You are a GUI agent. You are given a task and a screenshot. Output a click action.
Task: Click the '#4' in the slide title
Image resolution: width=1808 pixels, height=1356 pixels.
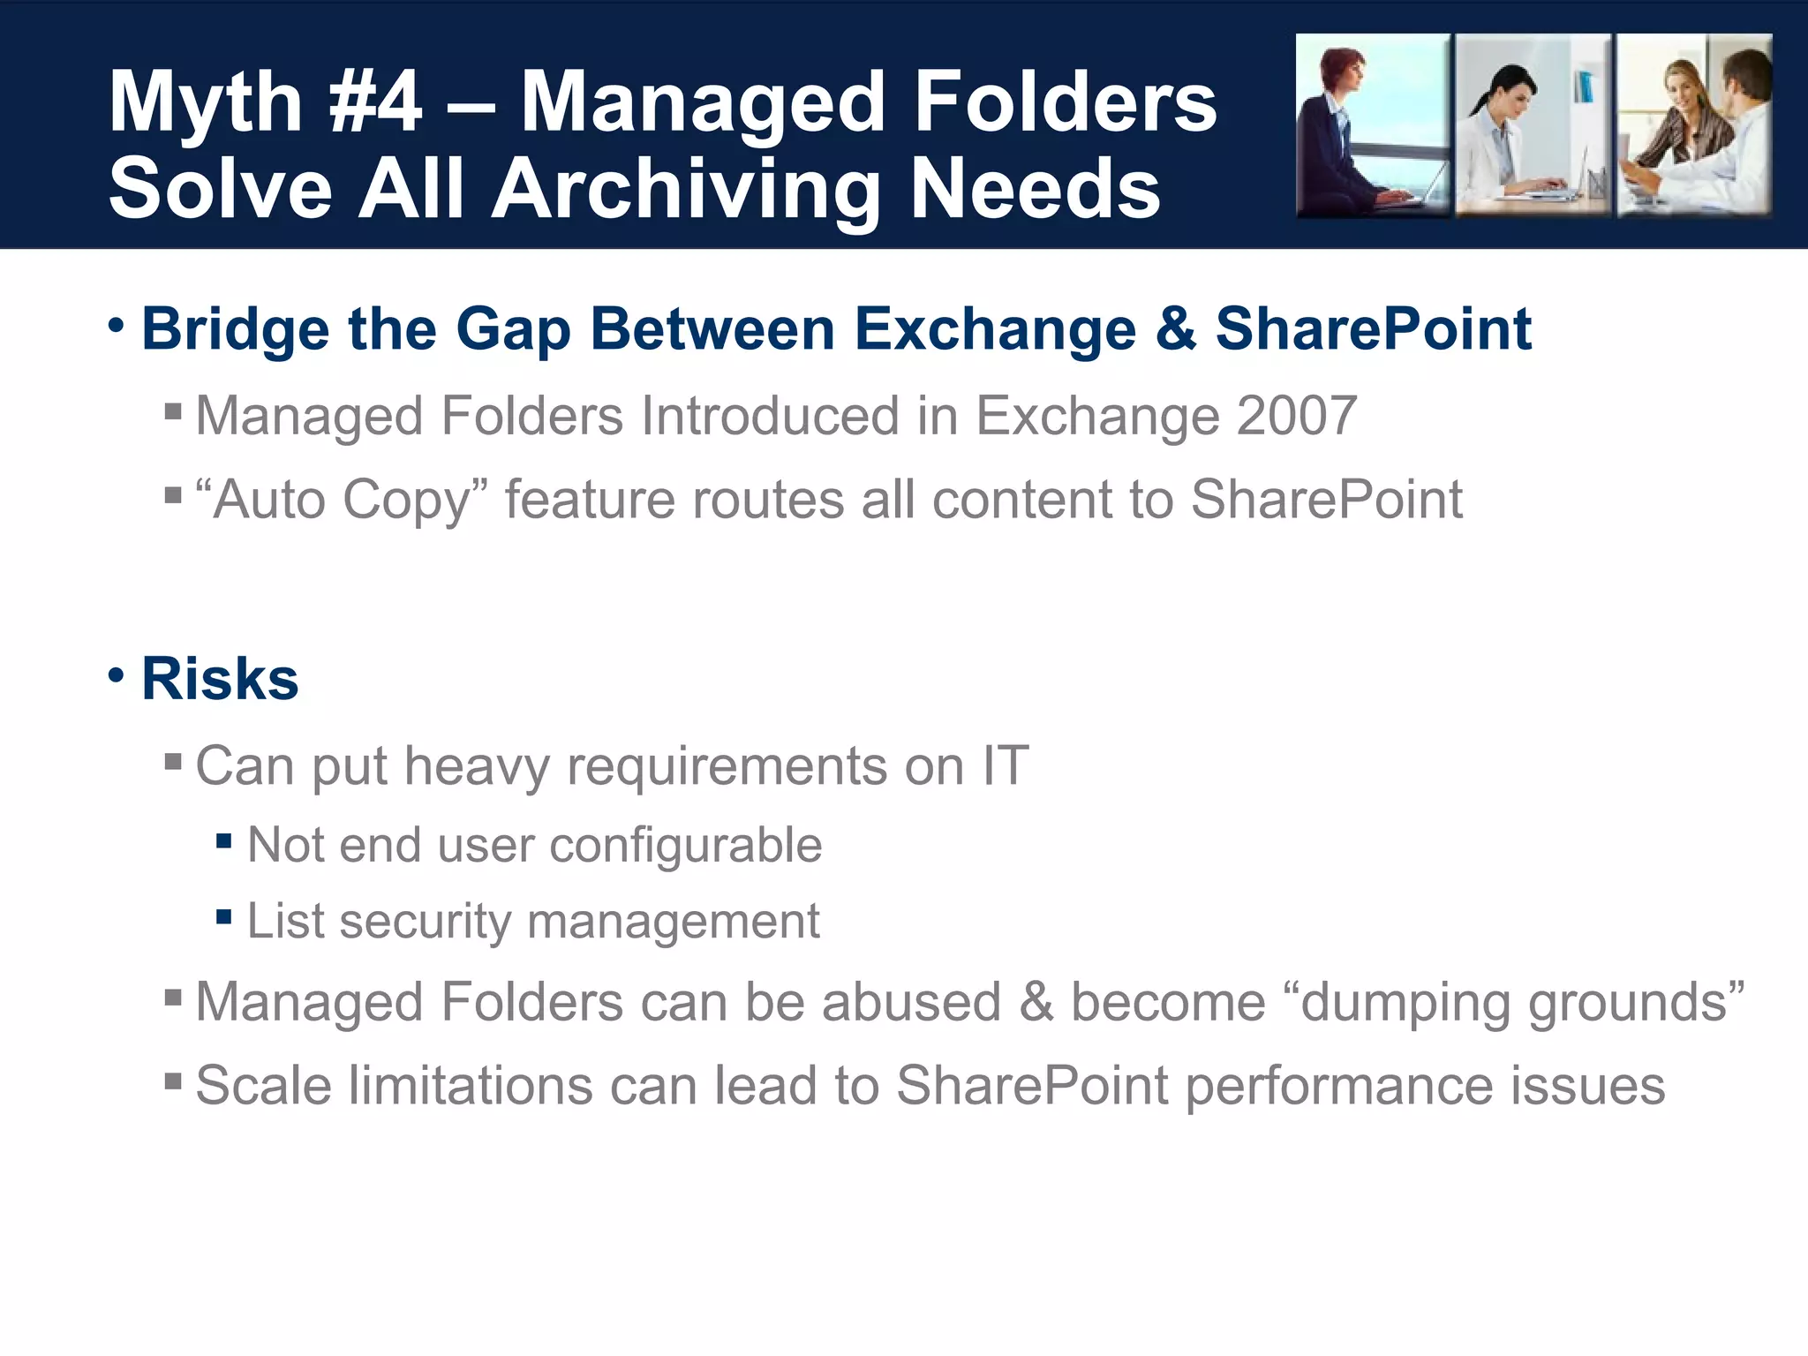[x=374, y=104]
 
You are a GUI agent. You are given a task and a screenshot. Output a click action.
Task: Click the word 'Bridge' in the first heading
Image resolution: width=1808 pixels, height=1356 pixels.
[x=236, y=329]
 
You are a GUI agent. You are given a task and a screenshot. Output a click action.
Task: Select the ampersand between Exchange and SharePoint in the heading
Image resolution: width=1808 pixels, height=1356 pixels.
[x=1175, y=329]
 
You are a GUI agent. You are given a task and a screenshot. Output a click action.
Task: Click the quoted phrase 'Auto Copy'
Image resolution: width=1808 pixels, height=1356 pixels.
[x=342, y=500]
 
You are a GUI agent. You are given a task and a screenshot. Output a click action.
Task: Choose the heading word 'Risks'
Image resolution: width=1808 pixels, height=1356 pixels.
[x=220, y=679]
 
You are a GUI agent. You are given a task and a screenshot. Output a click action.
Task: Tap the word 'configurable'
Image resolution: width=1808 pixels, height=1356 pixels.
[x=686, y=845]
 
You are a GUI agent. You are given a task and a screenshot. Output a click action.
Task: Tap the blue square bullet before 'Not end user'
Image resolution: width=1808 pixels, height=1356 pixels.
[x=223, y=841]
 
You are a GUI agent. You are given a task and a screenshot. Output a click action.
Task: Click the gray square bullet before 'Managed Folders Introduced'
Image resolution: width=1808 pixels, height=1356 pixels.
[x=173, y=411]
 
